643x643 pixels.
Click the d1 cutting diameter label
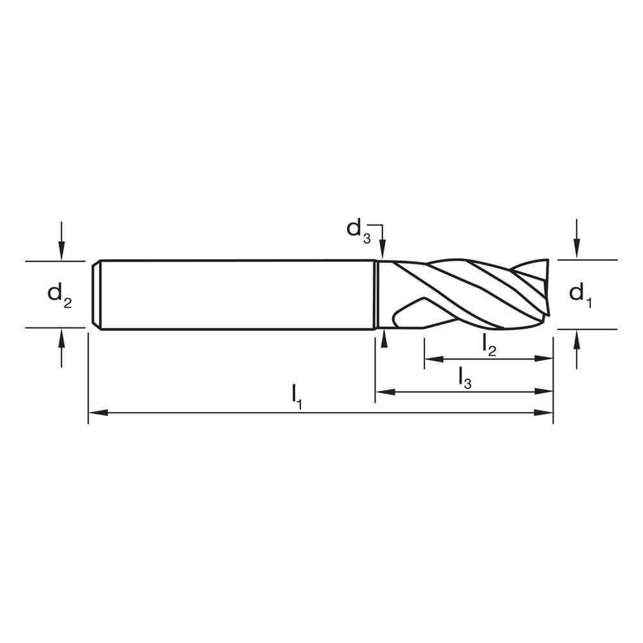581,294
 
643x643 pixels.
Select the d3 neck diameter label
359,230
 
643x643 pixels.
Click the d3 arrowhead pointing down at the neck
383,252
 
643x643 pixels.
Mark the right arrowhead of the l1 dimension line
547,413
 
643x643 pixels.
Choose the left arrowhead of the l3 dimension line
381,391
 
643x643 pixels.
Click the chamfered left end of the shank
96,294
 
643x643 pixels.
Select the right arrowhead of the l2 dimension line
547,359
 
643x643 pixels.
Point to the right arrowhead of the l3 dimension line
547,391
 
